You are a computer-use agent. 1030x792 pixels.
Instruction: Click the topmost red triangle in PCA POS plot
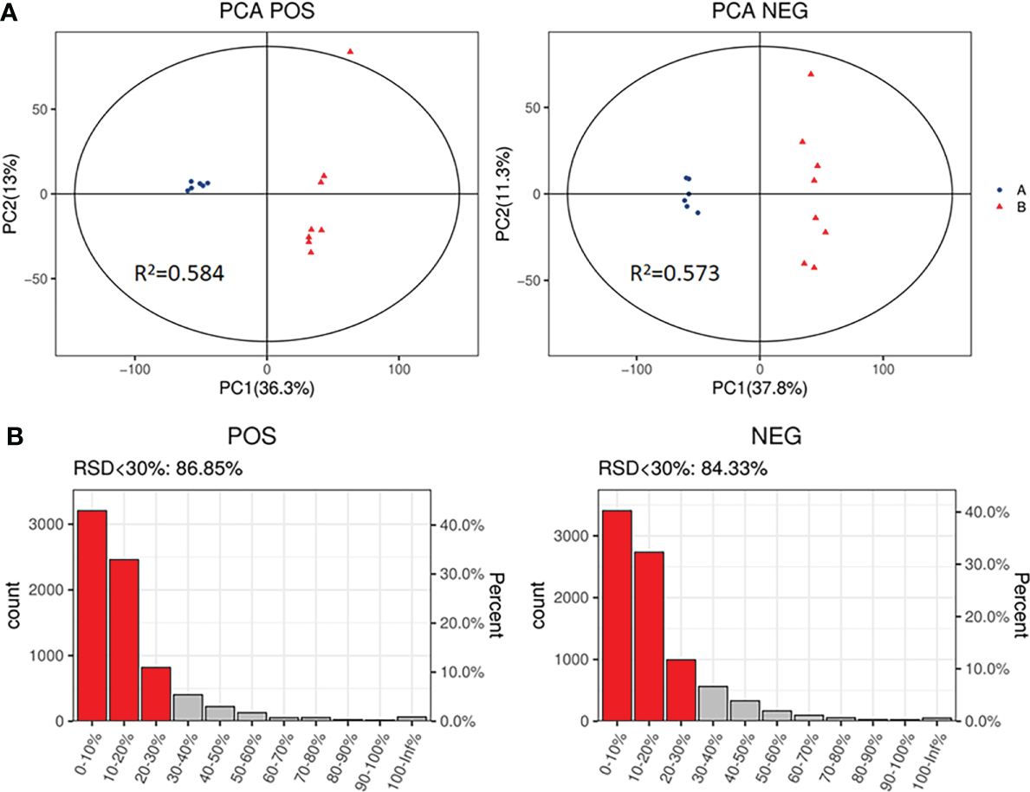pyautogui.click(x=351, y=52)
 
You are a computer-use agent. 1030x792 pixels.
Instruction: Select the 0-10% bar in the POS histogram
pyautogui.click(x=92, y=615)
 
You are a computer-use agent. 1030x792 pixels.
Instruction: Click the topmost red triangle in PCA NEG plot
pyautogui.click(x=811, y=74)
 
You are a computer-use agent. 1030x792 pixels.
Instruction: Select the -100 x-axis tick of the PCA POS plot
pyautogui.click(x=134, y=369)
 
